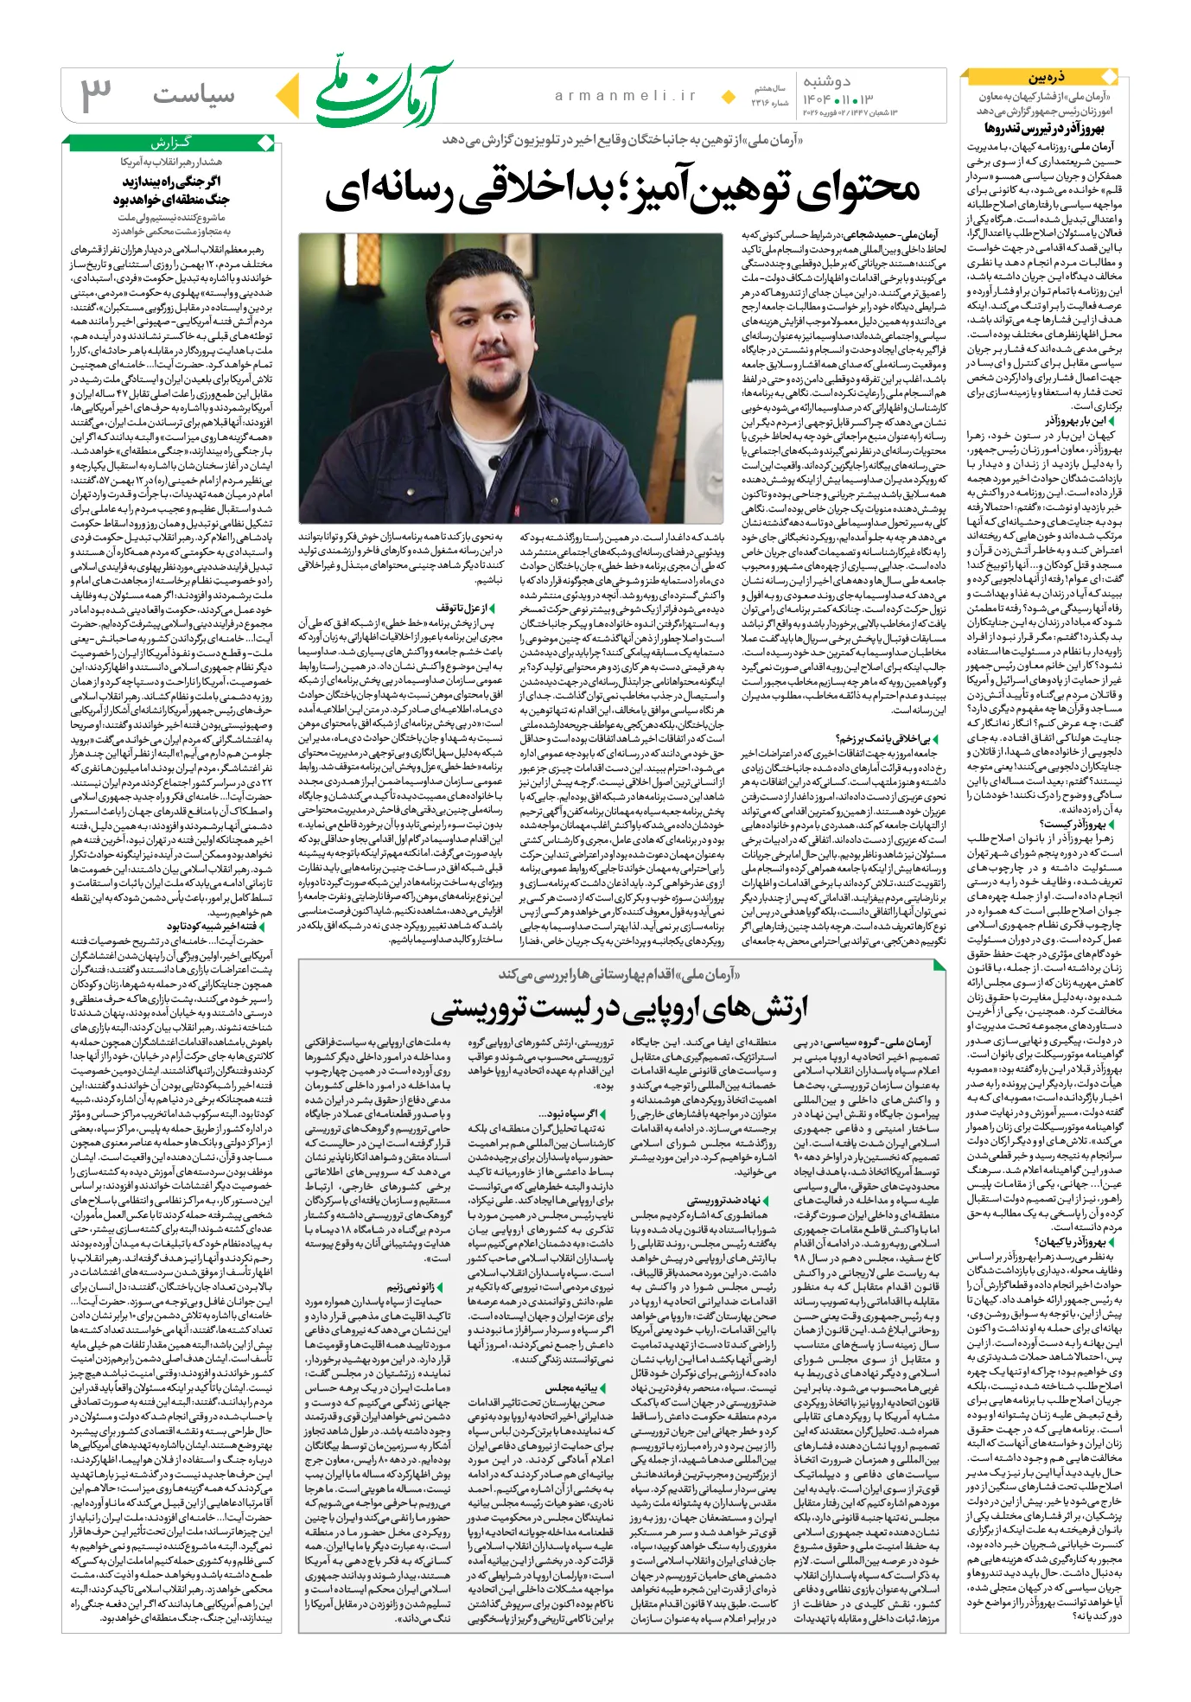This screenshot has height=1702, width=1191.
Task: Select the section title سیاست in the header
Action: click(x=194, y=95)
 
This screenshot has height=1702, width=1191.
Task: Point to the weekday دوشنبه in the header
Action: click(x=826, y=82)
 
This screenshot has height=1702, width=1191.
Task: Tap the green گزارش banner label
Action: click(x=172, y=143)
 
